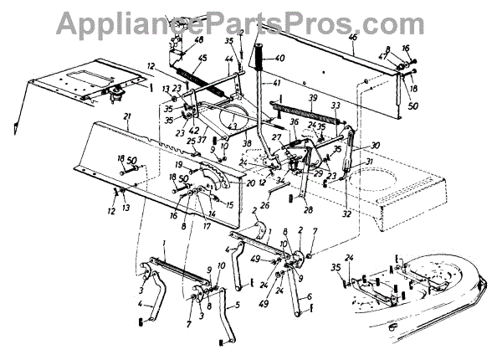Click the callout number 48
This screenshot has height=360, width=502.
click(198, 39)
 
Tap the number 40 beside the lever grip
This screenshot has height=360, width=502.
click(279, 59)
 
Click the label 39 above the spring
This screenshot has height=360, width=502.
click(314, 99)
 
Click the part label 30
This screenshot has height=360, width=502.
click(352, 144)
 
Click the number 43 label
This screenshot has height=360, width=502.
click(233, 126)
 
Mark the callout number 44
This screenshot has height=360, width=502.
click(228, 58)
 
